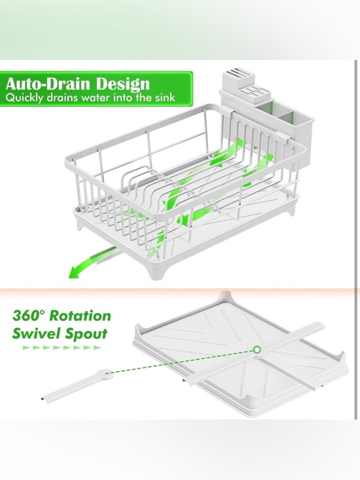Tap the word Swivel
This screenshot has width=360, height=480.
(x=35, y=333)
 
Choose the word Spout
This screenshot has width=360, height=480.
(x=86, y=333)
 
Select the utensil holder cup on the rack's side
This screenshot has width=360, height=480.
(x=289, y=138)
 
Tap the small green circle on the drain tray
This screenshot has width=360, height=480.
(x=257, y=351)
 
